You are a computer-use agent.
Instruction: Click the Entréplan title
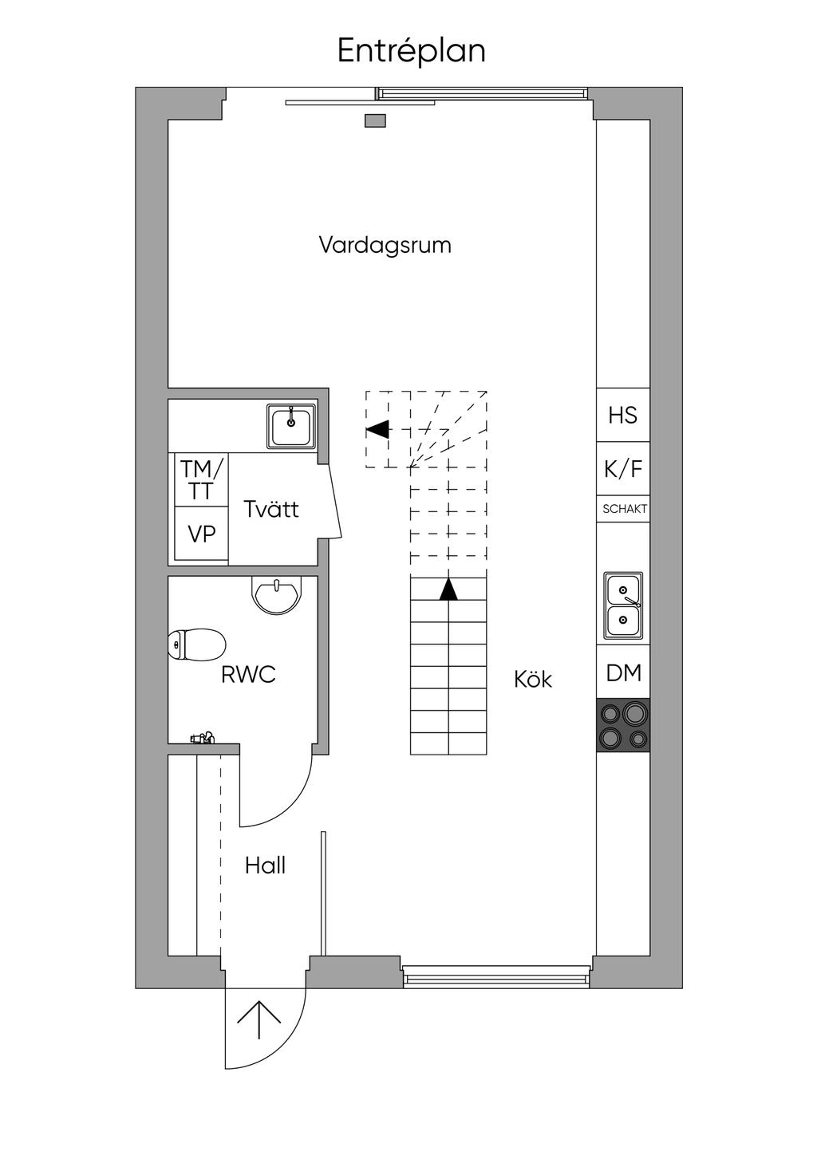411,51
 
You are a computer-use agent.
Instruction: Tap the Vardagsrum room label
385,245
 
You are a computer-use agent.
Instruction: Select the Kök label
533,680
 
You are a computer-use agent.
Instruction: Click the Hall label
265,865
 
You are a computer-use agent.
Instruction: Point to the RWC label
248,675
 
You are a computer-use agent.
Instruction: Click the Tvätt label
271,510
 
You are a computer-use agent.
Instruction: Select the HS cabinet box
623,415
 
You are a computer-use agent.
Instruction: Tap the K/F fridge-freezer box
623,468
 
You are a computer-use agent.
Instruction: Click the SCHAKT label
625,509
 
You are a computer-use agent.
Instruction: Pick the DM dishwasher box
623,673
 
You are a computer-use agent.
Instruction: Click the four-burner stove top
623,725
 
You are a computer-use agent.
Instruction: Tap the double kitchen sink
623,605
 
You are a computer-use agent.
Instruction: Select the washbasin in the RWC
277,593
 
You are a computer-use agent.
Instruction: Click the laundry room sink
291,426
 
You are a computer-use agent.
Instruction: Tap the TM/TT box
202,479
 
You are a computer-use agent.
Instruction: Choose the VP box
202,534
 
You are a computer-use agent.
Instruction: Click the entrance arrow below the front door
259,1020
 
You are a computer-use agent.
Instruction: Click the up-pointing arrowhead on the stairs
448,589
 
